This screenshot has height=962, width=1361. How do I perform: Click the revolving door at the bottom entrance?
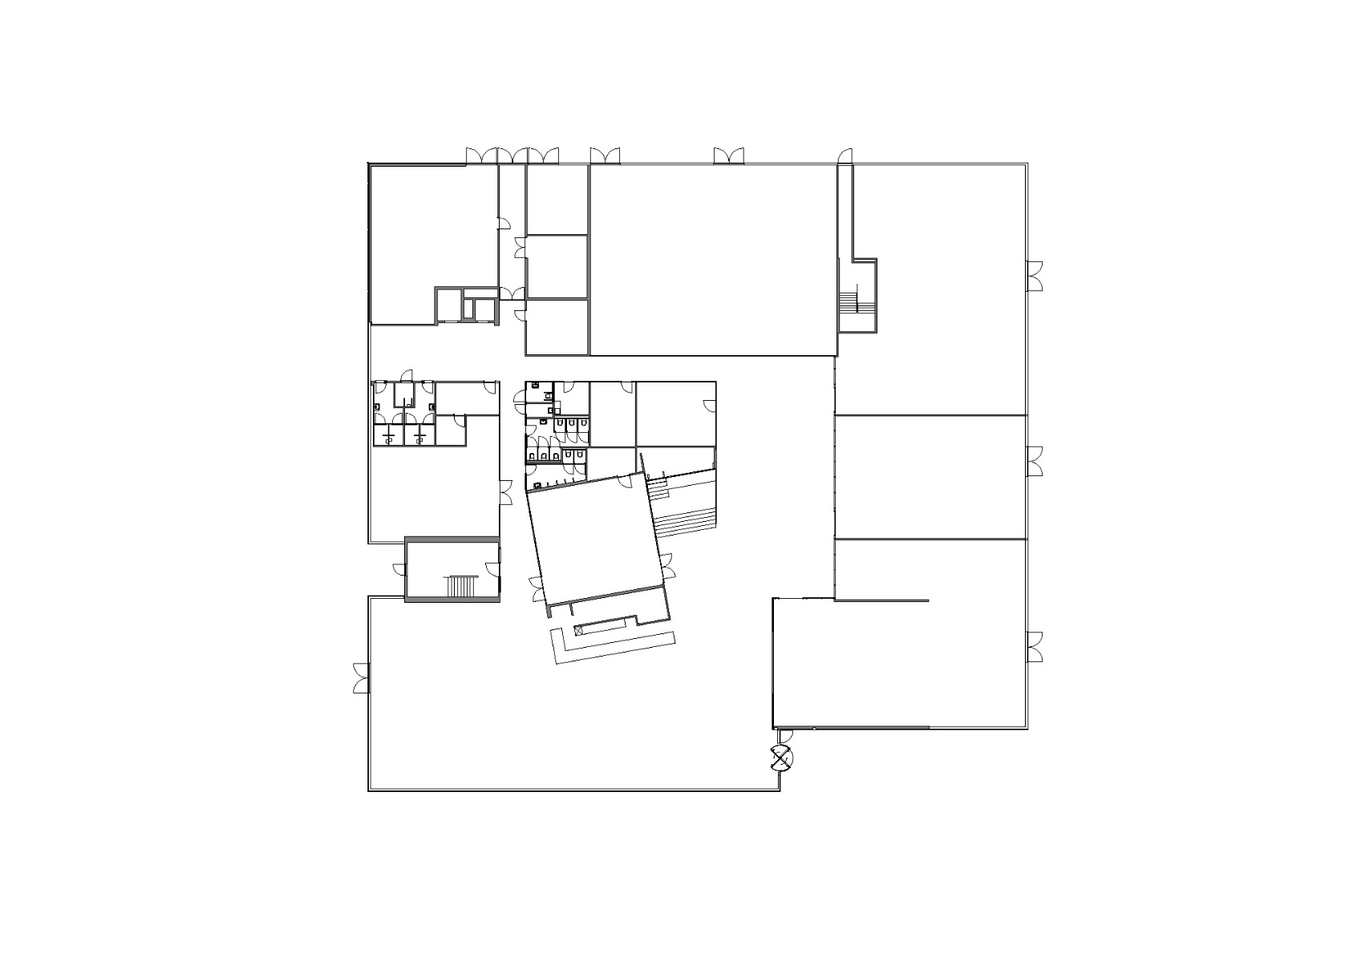click(x=780, y=758)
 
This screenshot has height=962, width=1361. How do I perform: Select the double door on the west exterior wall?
click(x=361, y=678)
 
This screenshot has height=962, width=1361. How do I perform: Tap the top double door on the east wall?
click(x=1035, y=276)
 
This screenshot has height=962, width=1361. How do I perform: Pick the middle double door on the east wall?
click(x=1035, y=463)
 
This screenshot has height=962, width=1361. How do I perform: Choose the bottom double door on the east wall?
click(x=1035, y=646)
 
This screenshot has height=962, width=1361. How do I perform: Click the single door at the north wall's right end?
click(x=844, y=156)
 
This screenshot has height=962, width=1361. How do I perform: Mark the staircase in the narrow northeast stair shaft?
click(x=849, y=303)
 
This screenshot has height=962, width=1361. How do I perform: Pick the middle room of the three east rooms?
click(x=930, y=477)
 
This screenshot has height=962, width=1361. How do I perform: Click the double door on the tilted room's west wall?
click(x=537, y=589)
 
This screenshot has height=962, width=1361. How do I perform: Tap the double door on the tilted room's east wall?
click(x=668, y=565)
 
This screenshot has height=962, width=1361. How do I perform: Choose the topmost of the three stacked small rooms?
click(x=557, y=200)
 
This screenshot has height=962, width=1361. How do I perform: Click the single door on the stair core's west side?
click(x=399, y=569)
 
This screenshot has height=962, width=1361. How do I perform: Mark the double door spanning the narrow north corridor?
click(x=512, y=156)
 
